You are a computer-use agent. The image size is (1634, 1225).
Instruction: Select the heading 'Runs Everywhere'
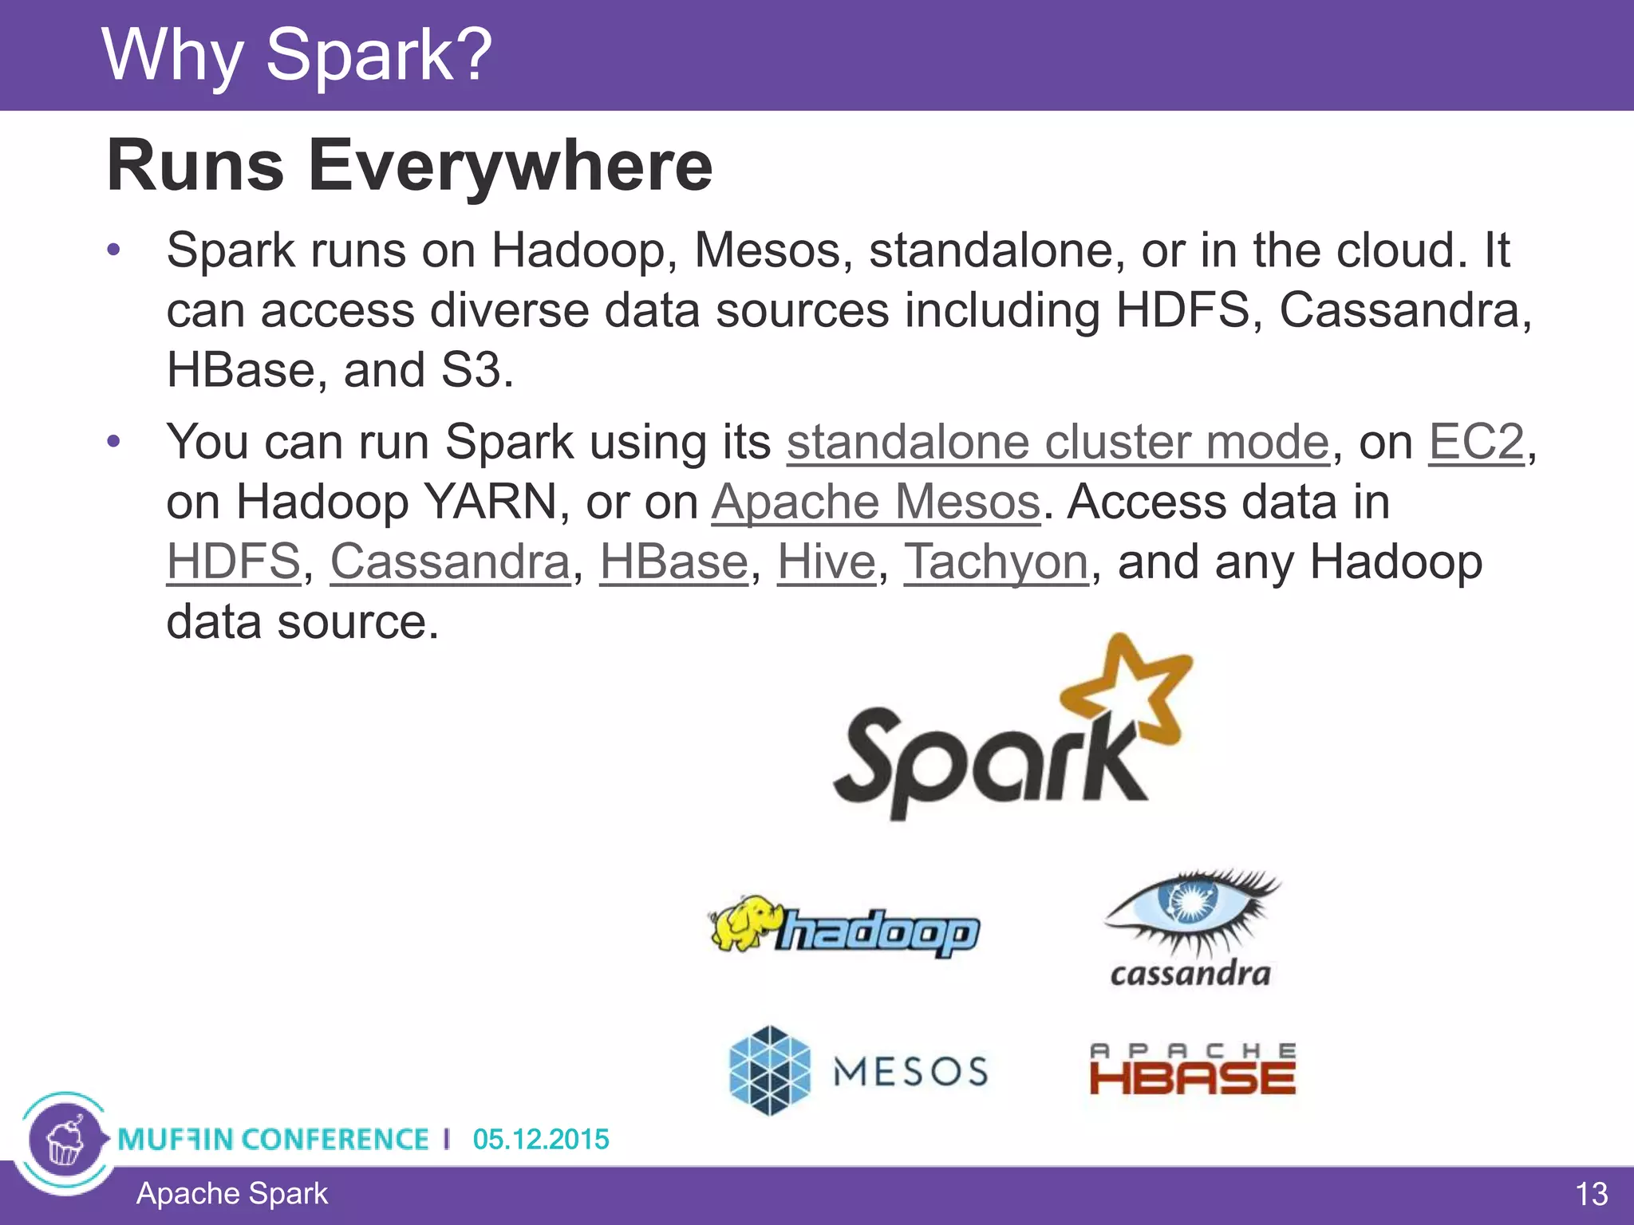click(x=409, y=166)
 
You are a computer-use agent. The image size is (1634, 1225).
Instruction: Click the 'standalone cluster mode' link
click(x=1058, y=442)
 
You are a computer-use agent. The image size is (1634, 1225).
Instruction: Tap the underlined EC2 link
click(x=1475, y=442)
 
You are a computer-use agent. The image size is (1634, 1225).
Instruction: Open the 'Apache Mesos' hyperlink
click(x=876, y=502)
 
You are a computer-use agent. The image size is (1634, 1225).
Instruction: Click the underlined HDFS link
click(x=233, y=562)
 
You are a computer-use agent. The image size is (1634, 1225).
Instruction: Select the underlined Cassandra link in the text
click(x=450, y=562)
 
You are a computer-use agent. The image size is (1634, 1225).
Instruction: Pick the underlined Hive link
click(x=827, y=562)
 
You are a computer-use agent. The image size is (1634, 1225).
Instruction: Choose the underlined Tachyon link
click(x=996, y=562)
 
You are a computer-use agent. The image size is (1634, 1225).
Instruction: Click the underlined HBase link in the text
click(x=673, y=562)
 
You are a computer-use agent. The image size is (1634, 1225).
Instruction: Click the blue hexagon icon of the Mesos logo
click(x=769, y=1070)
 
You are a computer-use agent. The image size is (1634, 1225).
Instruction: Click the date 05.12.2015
click(x=540, y=1139)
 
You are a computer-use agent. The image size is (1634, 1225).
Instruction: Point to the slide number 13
click(x=1591, y=1195)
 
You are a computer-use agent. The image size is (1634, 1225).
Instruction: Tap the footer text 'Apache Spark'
click(x=231, y=1194)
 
